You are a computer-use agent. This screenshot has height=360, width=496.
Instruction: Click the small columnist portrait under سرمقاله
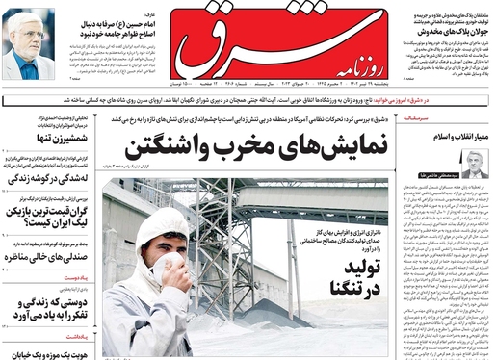click(473, 165)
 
